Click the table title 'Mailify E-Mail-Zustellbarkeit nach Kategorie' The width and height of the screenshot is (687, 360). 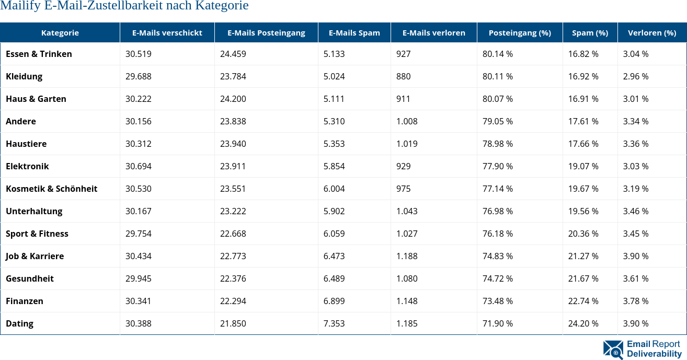pos(124,6)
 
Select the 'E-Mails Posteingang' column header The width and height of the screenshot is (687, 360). pos(266,32)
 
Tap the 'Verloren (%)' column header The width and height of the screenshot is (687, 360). pos(651,32)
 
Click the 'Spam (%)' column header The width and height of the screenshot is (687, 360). pos(590,32)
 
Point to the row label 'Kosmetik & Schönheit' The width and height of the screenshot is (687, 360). pos(52,189)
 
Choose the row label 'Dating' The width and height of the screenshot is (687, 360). pos(20,323)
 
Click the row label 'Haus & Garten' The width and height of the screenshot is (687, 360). pos(36,99)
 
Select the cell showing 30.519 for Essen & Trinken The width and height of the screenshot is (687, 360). pos(139,54)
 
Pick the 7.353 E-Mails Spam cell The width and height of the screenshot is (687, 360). pos(334,323)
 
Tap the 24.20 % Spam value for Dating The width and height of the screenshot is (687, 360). pos(583,323)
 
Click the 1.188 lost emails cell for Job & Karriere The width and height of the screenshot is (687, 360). pos(407,256)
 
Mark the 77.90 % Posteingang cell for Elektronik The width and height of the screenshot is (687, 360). pos(497,166)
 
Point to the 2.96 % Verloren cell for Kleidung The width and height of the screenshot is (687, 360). pos(636,76)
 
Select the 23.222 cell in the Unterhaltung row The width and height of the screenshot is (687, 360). pos(233,211)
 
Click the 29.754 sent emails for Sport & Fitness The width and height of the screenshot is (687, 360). pos(139,234)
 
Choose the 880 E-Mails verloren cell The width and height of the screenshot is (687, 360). pos(404,76)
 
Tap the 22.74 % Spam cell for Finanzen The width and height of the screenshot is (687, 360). pos(583,301)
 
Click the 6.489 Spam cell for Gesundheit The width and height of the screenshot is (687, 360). pos(334,278)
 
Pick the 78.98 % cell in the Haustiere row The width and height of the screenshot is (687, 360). pos(497,144)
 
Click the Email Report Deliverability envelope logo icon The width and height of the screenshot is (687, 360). pos(613,350)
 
